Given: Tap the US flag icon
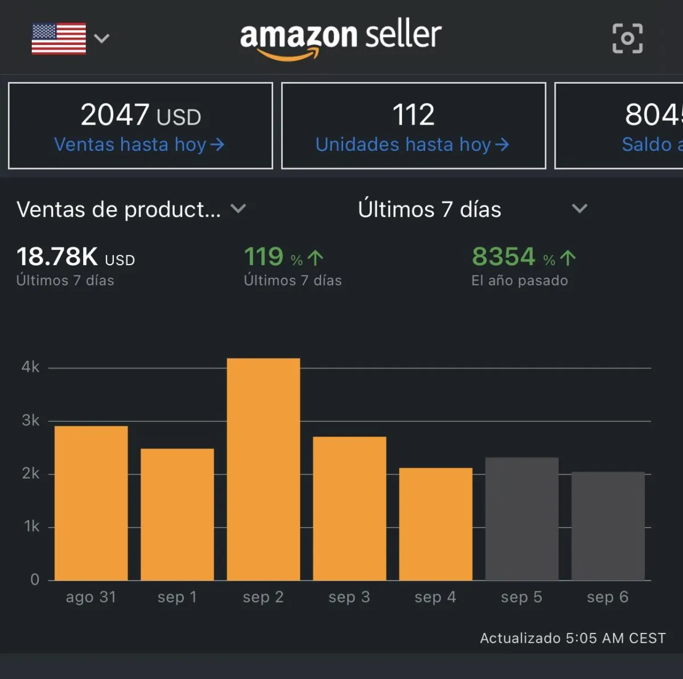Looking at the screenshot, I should [59, 39].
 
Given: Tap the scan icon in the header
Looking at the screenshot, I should [627, 38].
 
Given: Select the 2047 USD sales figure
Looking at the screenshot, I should [141, 115].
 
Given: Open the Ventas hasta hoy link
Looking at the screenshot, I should [139, 145].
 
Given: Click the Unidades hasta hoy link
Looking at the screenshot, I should [412, 145].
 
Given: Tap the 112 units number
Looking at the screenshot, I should [413, 115].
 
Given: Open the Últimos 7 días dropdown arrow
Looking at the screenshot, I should [579, 209].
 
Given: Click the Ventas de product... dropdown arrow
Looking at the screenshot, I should [238, 209].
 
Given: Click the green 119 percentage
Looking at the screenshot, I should [264, 257].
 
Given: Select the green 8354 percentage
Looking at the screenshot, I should [504, 257].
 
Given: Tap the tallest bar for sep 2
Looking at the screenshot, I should [264, 469].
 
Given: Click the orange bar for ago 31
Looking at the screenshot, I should [91, 503].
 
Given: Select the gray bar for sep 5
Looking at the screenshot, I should [521, 518].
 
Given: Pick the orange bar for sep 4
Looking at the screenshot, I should [435, 524].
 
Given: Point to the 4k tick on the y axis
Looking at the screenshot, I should [31, 367].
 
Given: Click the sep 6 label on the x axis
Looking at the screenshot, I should [607, 597].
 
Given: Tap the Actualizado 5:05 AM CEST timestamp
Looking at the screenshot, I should [573, 638].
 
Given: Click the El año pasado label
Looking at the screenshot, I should [519, 281].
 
